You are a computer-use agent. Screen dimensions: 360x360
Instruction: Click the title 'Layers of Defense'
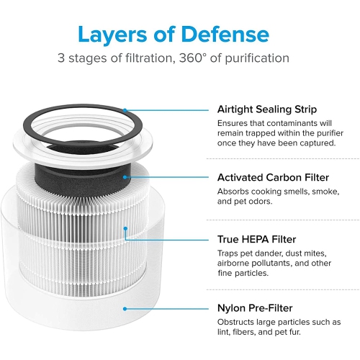pyautogui.click(x=173, y=34)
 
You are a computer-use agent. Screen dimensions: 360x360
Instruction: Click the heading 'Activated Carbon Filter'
pyautogui.click(x=272, y=177)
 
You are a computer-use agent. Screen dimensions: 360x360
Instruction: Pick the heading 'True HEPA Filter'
pyautogui.click(x=257, y=238)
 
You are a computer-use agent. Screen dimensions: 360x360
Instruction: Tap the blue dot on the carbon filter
pyautogui.click(x=125, y=176)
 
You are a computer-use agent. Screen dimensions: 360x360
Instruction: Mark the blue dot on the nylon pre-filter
pyautogui.click(x=125, y=307)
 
